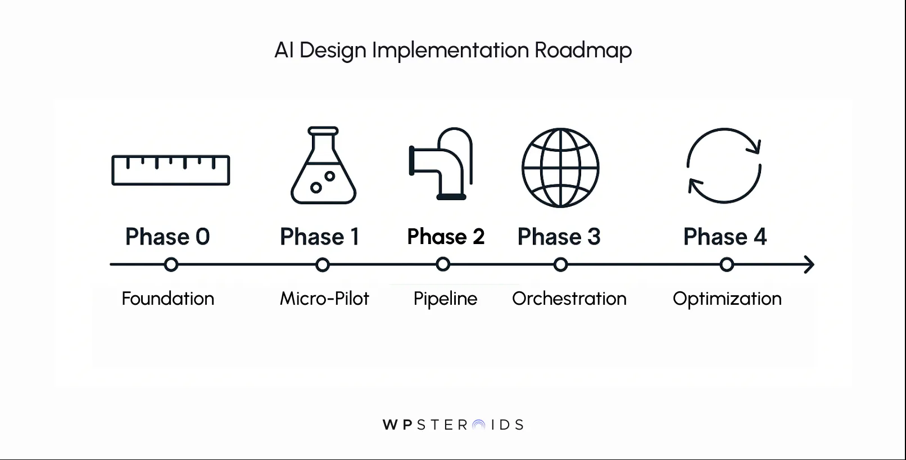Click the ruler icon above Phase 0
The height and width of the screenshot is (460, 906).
[x=171, y=170]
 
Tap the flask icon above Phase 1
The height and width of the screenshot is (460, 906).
[x=323, y=165]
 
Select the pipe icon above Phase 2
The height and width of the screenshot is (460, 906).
[x=441, y=164]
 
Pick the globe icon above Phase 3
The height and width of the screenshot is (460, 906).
[x=560, y=168]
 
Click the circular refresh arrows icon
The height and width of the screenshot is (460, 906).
[x=724, y=165]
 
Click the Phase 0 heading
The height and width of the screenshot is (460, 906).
[x=167, y=237]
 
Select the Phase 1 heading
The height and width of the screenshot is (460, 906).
[x=319, y=237]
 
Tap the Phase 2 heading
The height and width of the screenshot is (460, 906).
[x=446, y=237]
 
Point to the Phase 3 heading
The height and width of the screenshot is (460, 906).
[x=559, y=237]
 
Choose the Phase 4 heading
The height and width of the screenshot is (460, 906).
[x=725, y=237]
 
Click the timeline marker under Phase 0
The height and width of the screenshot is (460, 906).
[x=171, y=264]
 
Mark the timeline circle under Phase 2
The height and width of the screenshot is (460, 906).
[x=443, y=264]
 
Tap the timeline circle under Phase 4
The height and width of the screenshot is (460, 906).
[x=727, y=264]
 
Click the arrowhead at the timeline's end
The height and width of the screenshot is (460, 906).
[x=809, y=264]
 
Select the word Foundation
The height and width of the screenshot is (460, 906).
[x=167, y=299]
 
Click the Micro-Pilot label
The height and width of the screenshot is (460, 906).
[x=324, y=299]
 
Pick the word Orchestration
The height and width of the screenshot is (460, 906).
[x=569, y=299]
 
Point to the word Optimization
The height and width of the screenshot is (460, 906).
[x=727, y=299]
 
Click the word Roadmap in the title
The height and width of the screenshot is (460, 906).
[x=583, y=50]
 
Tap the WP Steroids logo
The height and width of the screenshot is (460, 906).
[x=453, y=425]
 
